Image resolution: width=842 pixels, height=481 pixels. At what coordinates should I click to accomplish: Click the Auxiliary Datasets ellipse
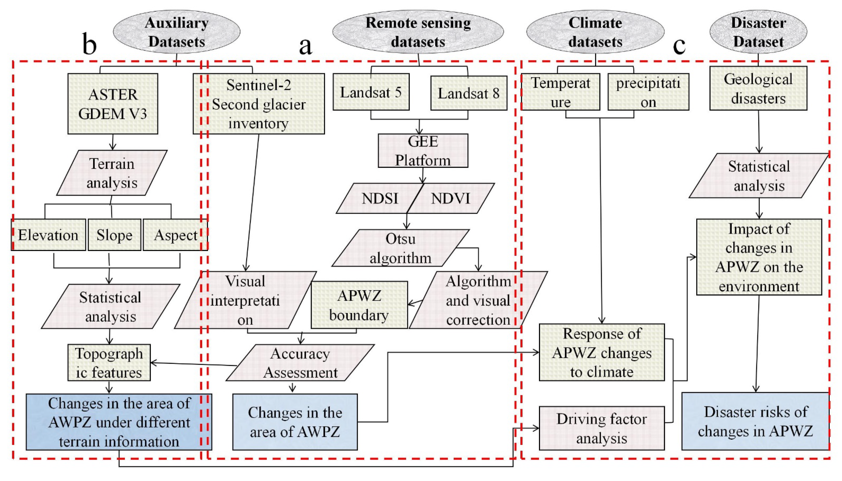[x=177, y=32]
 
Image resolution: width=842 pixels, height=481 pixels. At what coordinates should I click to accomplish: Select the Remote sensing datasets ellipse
[x=418, y=32]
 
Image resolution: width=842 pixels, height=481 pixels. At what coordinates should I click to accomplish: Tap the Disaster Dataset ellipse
[x=758, y=32]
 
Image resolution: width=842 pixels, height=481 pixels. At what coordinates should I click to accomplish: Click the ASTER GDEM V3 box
[x=112, y=104]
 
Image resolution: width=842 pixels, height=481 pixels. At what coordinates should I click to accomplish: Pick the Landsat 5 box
[x=371, y=92]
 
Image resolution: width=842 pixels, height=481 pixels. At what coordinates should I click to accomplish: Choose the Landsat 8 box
[x=469, y=93]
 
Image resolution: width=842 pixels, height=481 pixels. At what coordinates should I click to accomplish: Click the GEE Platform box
[x=423, y=151]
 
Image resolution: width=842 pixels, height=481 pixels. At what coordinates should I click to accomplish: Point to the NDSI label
[x=380, y=199]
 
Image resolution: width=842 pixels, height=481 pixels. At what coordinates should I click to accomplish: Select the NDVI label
[x=450, y=199]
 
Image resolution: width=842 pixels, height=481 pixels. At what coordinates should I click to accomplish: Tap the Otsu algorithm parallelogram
[x=400, y=248]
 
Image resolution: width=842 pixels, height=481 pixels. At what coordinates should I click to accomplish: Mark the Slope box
[x=114, y=235]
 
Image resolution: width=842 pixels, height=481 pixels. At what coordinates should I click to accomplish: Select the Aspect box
[x=175, y=235]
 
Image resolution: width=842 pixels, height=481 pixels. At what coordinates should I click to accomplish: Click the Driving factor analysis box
[x=602, y=428]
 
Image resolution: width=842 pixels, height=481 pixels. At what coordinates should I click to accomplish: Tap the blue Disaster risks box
[x=755, y=421]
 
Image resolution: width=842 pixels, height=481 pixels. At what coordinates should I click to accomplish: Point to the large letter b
[x=89, y=44]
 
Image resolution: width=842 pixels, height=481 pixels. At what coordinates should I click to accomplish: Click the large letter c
[x=679, y=45]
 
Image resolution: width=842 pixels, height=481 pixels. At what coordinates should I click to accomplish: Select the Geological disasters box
[x=758, y=88]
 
